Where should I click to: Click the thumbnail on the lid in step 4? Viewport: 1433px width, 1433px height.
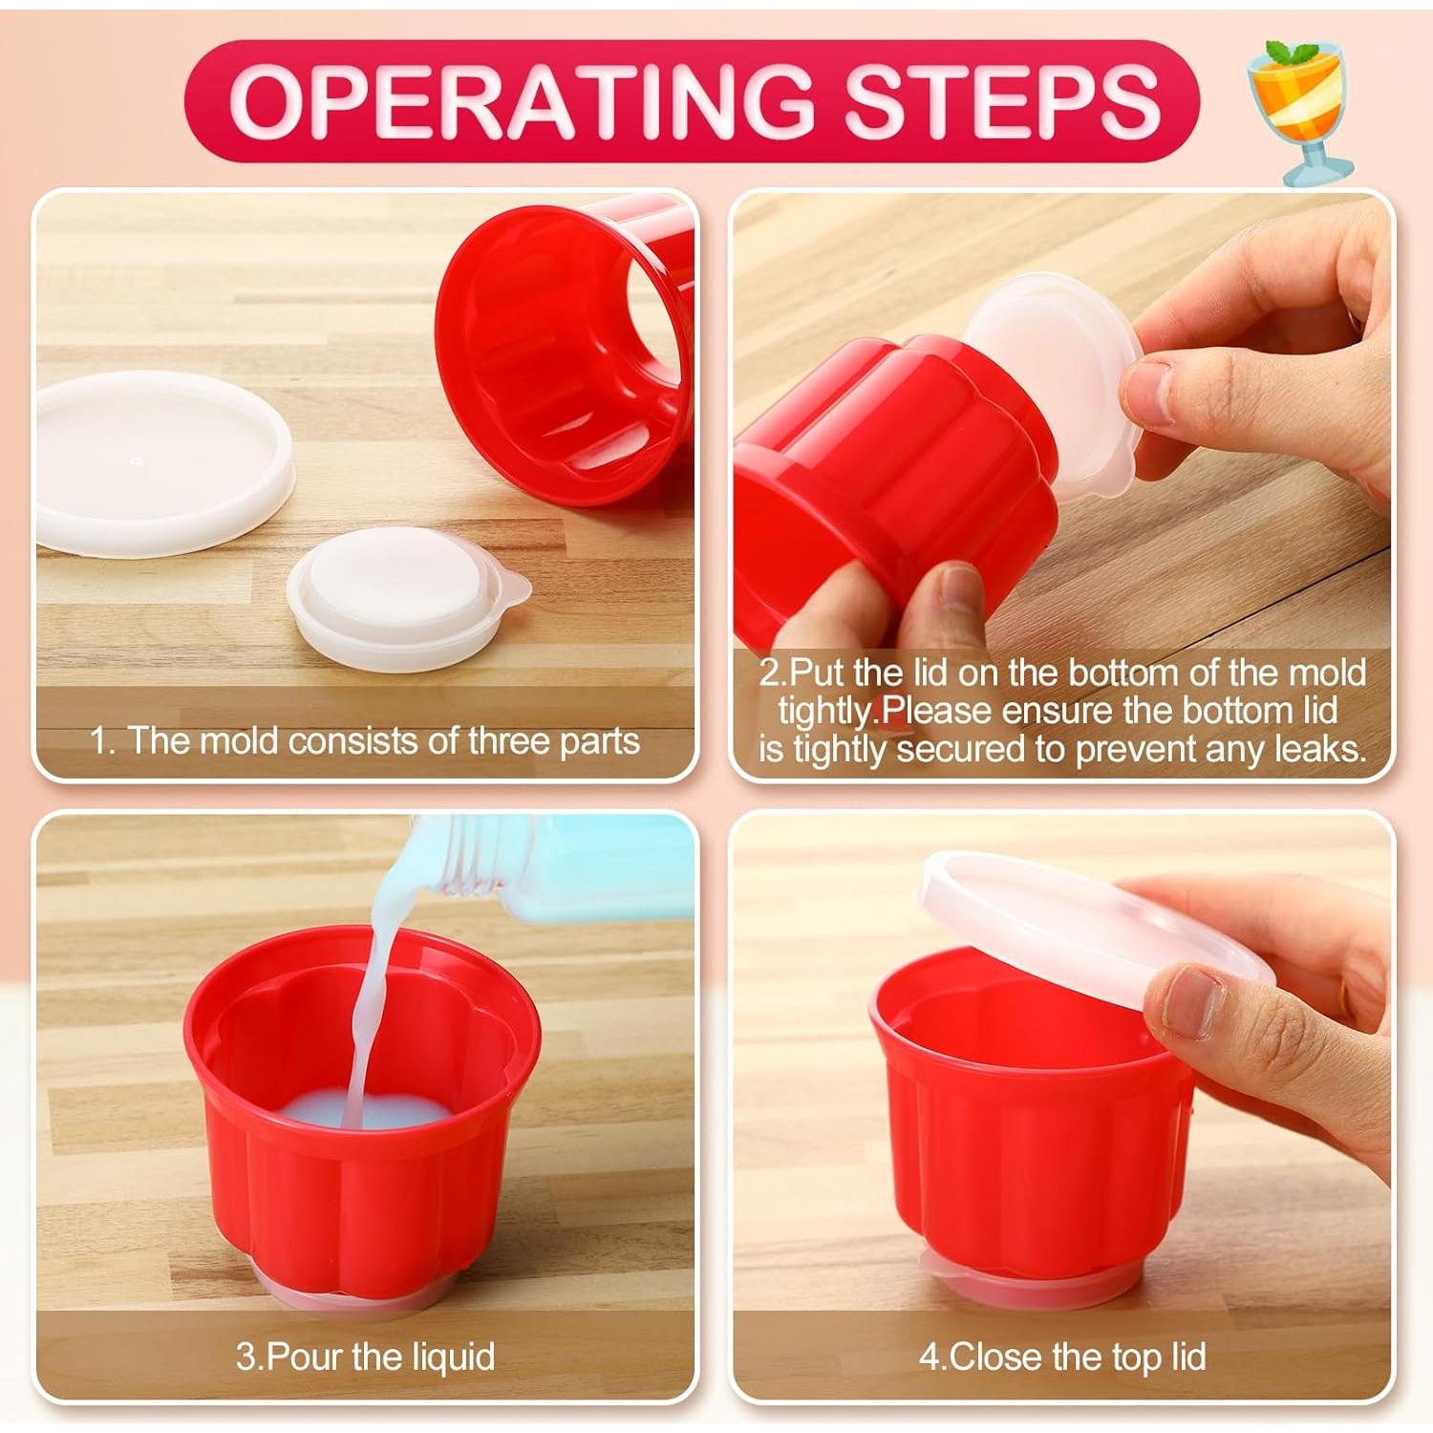coord(1189,1000)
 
